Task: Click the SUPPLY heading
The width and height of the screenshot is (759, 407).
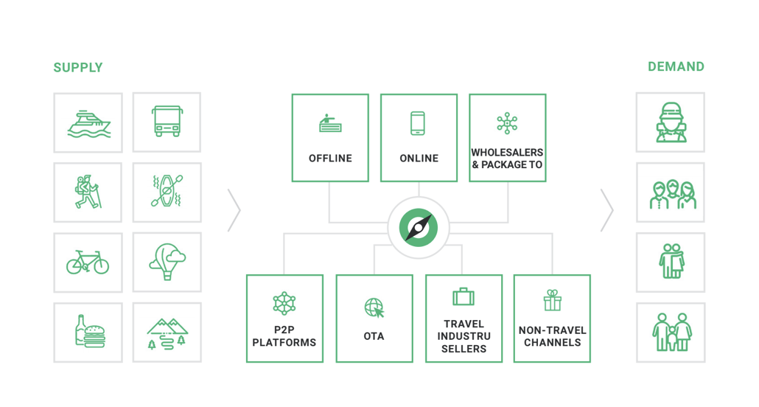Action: (77, 68)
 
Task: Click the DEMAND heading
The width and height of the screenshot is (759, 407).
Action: (676, 67)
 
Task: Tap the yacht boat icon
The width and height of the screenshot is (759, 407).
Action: (88, 123)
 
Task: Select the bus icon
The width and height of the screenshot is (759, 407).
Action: (167, 122)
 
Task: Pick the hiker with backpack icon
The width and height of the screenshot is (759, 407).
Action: (88, 192)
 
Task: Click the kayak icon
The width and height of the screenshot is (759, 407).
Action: (167, 192)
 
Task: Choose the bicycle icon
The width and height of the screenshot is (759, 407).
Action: (88, 262)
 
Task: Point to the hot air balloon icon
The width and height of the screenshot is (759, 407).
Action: (167, 262)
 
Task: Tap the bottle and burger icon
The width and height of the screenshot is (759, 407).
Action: (88, 331)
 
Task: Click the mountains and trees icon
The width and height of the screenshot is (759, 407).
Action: (167, 332)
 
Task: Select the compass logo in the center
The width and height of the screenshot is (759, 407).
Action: (419, 228)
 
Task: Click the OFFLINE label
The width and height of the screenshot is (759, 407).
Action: (330, 159)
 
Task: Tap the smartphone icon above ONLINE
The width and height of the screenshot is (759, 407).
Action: (418, 123)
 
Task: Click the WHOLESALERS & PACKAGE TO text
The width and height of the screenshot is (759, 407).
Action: (508, 159)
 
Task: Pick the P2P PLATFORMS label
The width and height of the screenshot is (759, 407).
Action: (284, 336)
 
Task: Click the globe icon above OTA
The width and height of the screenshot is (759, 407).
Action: (374, 308)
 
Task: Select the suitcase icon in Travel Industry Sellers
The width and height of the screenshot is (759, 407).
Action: (464, 297)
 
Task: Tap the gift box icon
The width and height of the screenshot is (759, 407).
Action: (552, 300)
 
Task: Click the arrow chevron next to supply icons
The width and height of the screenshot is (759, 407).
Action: (234, 210)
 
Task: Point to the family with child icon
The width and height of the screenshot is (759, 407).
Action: (671, 333)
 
